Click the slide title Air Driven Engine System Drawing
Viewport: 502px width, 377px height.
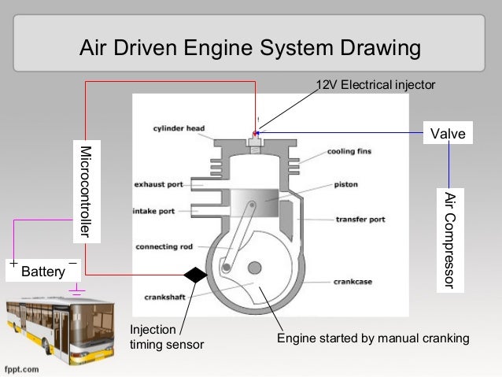(250, 48)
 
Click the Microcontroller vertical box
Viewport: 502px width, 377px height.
(86, 192)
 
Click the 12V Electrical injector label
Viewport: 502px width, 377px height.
(375, 84)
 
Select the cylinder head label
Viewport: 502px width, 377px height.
(179, 128)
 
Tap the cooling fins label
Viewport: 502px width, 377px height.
(349, 151)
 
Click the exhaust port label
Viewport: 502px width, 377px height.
(158, 185)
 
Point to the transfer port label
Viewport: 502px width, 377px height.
(360, 218)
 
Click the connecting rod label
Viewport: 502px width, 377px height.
(164, 246)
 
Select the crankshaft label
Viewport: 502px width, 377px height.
(164, 297)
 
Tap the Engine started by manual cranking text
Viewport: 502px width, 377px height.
(372, 338)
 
